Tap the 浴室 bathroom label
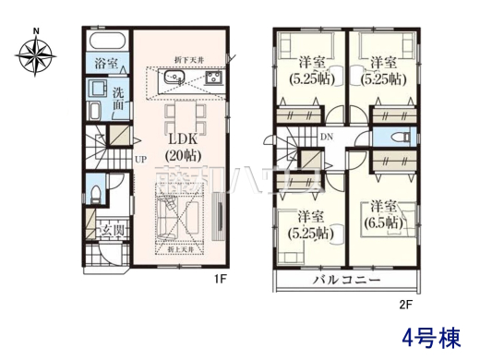point(104,64)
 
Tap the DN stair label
point(326,138)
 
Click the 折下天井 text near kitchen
point(189,62)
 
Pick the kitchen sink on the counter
point(172,82)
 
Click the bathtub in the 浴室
point(105,41)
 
